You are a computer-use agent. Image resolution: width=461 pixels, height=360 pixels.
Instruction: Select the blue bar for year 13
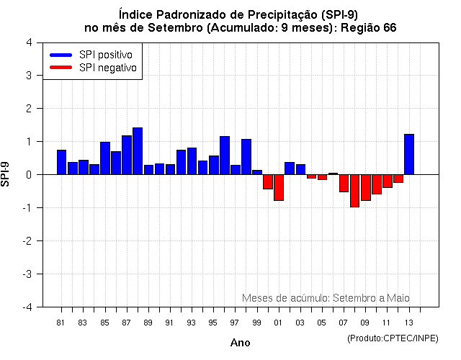(409, 154)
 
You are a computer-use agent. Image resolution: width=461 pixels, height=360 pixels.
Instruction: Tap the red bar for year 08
(354, 191)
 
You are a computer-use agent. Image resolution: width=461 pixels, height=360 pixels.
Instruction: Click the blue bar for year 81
(61, 162)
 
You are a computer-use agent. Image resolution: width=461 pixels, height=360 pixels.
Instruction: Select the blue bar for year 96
(225, 156)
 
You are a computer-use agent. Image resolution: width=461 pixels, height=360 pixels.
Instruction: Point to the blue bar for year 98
(246, 157)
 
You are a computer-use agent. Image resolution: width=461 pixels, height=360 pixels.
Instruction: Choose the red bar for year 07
(344, 183)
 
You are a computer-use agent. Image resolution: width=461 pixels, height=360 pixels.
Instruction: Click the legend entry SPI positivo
(94, 55)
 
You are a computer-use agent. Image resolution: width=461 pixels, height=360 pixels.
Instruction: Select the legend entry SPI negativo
(94, 68)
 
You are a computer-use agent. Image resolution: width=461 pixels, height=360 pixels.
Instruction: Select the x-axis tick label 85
(104, 322)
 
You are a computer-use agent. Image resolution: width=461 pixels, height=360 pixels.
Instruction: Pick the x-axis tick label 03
(300, 322)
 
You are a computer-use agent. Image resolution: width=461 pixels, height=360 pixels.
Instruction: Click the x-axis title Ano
(240, 343)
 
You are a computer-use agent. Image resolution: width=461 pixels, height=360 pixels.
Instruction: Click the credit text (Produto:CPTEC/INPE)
(393, 338)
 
